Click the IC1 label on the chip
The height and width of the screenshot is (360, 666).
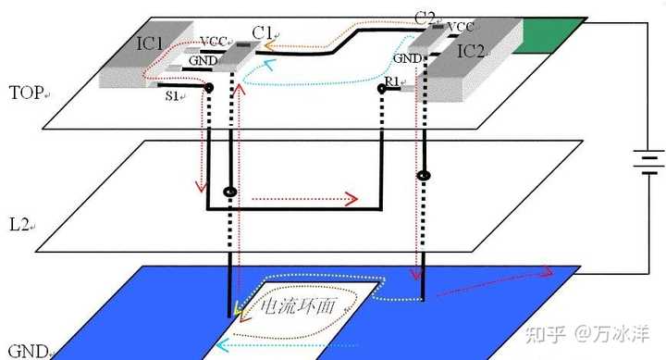click(x=149, y=43)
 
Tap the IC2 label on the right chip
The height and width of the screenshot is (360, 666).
click(x=471, y=52)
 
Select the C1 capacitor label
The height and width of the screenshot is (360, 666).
click(x=262, y=32)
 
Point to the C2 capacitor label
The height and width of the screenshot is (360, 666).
click(x=425, y=18)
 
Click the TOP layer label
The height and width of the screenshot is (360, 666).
click(x=26, y=93)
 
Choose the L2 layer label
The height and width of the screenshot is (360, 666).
click(x=19, y=224)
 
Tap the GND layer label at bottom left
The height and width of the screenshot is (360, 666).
click(x=28, y=352)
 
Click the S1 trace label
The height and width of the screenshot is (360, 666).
click(x=172, y=96)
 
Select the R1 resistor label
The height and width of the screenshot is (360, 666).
click(x=392, y=81)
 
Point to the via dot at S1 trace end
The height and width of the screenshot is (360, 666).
click(x=208, y=88)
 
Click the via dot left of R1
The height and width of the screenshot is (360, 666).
click(x=382, y=89)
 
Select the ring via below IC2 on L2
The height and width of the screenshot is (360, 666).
click(x=424, y=176)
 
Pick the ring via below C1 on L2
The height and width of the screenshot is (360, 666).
click(x=230, y=192)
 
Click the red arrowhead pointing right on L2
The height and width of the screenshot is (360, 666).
click(x=352, y=199)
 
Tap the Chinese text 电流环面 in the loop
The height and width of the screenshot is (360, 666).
click(x=298, y=306)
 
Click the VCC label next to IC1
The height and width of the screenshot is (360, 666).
click(x=214, y=42)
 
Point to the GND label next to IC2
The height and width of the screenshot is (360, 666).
click(x=407, y=58)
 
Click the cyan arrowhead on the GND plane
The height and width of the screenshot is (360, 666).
click(x=222, y=344)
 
